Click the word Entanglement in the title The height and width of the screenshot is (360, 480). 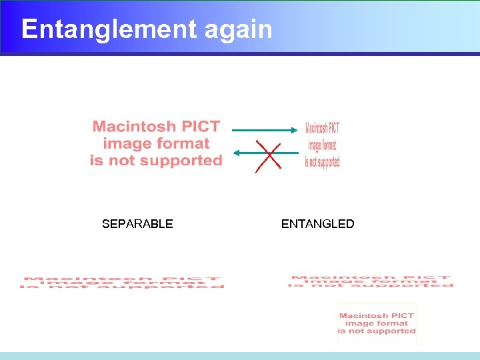(x=109, y=30)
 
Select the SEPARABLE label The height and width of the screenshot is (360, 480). (x=137, y=224)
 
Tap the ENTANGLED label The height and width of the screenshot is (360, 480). (x=317, y=224)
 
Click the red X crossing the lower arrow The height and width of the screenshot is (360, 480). (x=267, y=157)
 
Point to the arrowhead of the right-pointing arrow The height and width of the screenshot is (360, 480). (x=296, y=131)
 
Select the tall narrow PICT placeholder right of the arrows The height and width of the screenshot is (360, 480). (x=322, y=145)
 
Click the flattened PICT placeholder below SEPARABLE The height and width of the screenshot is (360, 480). (x=123, y=283)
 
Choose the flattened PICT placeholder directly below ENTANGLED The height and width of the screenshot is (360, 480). (x=371, y=281)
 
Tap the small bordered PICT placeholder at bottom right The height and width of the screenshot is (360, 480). (x=377, y=323)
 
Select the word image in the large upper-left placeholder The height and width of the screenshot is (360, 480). (x=125, y=143)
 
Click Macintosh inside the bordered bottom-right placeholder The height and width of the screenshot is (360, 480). (x=365, y=316)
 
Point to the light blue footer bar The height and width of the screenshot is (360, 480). (x=240, y=356)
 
